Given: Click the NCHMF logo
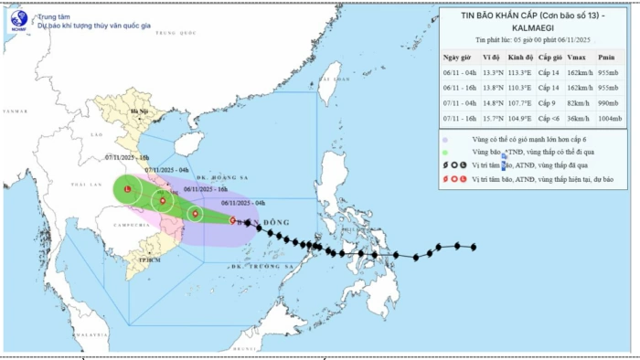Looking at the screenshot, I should pyautogui.click(x=17, y=21).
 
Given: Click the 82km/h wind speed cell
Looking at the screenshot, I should pyautogui.click(x=572, y=103).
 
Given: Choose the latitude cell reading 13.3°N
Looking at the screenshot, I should pyautogui.click(x=491, y=72).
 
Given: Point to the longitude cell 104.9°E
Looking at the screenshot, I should pyautogui.click(x=521, y=118).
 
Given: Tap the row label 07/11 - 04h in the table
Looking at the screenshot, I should pyautogui.click(x=460, y=103).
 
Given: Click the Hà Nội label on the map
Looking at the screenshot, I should pyautogui.click(x=139, y=111).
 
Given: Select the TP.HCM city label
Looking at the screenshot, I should pyautogui.click(x=138, y=260).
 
